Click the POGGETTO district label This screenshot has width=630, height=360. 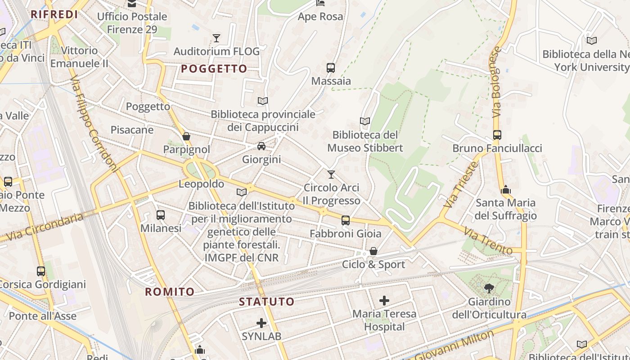coord(214,69)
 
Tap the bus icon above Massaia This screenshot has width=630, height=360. coord(331,68)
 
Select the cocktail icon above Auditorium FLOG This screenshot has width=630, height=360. coord(216,38)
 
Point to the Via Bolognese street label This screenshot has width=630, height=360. coord(496,82)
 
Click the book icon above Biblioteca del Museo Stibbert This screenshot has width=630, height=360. coord(365,121)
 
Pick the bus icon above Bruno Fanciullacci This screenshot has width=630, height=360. coord(497,135)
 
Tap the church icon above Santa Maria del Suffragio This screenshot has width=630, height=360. coord(506,189)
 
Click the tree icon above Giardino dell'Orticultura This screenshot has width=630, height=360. coord(489,288)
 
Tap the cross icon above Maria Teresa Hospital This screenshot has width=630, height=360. coord(384,301)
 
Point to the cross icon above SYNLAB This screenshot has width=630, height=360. coord(261,323)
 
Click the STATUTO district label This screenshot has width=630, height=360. coord(266,302)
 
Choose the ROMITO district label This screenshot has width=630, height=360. coord(170,292)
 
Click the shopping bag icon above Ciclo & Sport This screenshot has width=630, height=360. coord(373,251)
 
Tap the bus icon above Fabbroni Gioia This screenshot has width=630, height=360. coord(346,220)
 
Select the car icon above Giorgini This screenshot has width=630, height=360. coord(261,146)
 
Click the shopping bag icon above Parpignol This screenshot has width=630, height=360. coord(186,136)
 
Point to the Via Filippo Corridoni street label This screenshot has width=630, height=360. coord(94,125)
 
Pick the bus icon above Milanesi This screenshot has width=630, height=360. coord(161,215)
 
